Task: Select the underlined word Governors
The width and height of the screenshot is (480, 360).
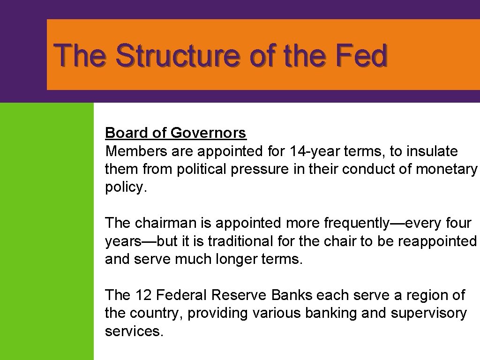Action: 208,133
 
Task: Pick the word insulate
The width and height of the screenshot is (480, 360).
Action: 432,151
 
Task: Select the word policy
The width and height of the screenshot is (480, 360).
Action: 125,187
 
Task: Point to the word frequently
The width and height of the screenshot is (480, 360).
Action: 355,223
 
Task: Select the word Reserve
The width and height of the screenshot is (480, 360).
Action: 239,295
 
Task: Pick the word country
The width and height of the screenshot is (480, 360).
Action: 157,313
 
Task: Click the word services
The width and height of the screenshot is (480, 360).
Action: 134,331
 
